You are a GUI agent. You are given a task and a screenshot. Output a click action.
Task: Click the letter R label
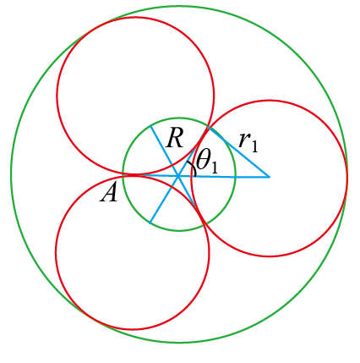pos(175,138)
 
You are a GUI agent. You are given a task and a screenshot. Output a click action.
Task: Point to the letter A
pos(109,194)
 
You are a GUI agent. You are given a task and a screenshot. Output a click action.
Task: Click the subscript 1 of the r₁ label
pos(254,146)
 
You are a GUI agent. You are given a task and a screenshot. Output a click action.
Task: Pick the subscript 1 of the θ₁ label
pos(214,168)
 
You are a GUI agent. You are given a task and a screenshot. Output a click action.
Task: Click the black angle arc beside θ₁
pos(193,168)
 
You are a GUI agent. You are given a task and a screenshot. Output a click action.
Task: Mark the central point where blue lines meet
pos(178,177)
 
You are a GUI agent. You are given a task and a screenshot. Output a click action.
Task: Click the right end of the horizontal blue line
pos(270,177)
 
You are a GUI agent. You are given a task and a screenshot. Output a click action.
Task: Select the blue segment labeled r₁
pos(238,152)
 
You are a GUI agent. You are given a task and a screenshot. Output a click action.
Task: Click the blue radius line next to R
pos(164,151)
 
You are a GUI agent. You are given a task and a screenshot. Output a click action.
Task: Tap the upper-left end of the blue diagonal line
pos(150,125)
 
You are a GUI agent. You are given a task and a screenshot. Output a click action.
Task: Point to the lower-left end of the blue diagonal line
pos(150,223)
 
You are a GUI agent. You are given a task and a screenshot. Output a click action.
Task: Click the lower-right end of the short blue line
pos(194,206)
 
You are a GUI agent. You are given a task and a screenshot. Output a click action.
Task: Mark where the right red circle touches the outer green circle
pos(346,177)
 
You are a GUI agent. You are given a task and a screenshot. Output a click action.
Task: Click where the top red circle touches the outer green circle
pos(95,30)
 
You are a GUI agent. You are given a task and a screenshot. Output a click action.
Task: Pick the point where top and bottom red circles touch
pos(134,175)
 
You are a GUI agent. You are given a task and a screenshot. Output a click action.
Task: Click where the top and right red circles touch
pos(208,127)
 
